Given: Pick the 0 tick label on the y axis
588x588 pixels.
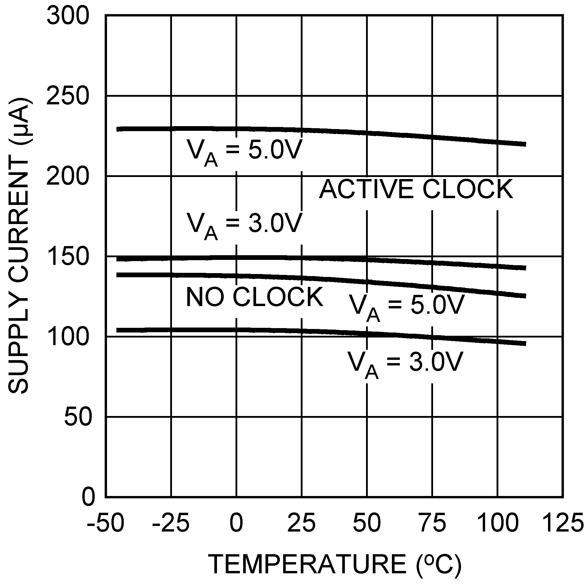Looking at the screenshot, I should pyautogui.click(x=88, y=497).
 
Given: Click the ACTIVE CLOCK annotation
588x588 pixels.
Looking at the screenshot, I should pyautogui.click(x=416, y=189).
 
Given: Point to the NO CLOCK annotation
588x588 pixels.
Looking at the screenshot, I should pyautogui.click(x=254, y=297).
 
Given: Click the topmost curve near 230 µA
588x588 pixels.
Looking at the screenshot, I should pyautogui.click(x=304, y=130).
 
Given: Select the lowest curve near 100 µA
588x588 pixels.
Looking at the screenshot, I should pyautogui.click(x=304, y=331).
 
